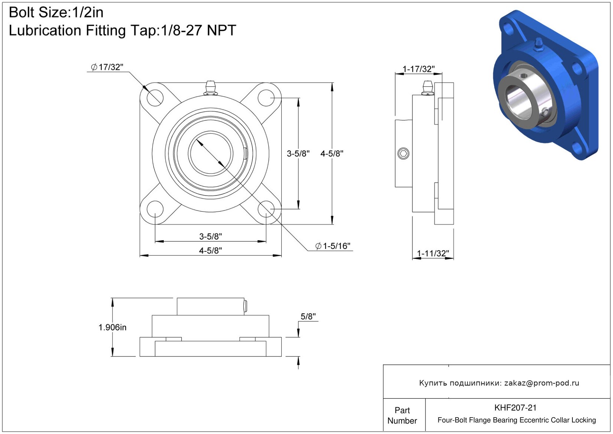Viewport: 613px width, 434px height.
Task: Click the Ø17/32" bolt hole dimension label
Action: click(x=107, y=67)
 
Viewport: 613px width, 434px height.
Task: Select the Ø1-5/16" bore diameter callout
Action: click(x=333, y=246)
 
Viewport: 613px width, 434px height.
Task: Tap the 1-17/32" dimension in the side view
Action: click(x=419, y=69)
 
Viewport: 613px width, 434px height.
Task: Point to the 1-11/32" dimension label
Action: click(x=433, y=253)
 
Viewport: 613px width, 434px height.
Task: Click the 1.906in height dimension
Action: click(x=112, y=327)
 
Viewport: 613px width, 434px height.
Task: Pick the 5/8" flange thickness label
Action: click(x=308, y=316)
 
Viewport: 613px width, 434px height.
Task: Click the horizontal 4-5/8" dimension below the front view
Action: click(x=210, y=251)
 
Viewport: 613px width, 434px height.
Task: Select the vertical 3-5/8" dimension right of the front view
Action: click(x=298, y=154)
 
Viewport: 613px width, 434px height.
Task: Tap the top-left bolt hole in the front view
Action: click(x=155, y=98)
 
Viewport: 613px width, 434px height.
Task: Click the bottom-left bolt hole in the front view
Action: click(x=155, y=209)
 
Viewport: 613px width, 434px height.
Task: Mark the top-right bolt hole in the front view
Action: click(x=266, y=98)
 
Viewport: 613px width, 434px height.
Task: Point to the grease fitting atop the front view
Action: click(x=210, y=88)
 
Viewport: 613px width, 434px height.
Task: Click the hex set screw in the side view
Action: click(x=403, y=154)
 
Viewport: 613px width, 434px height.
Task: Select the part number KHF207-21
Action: click(x=515, y=408)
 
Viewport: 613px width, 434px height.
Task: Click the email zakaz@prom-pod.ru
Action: click(x=542, y=383)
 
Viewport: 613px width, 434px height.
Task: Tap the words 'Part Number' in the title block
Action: click(x=402, y=415)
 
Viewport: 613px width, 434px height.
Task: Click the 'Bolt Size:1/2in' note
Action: click(x=56, y=13)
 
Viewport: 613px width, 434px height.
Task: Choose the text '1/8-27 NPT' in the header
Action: click(x=198, y=30)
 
